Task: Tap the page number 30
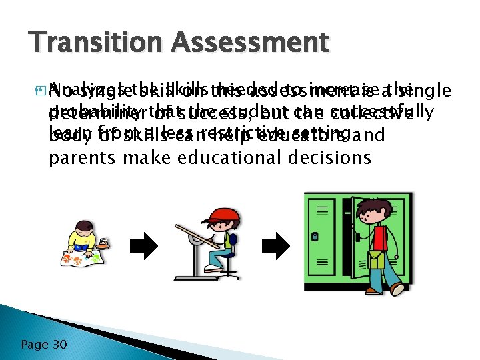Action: pyautogui.click(x=59, y=344)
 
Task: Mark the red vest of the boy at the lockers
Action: pyautogui.click(x=381, y=237)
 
